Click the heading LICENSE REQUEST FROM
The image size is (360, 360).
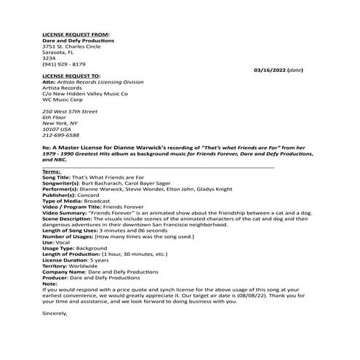point(73,34)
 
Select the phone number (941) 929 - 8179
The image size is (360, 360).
point(64,64)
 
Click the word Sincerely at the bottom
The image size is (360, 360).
point(55,313)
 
